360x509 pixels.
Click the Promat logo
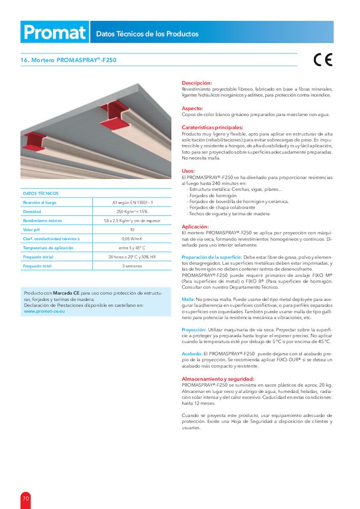point(54,32)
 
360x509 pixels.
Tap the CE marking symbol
point(322,60)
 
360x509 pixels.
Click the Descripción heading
point(197,82)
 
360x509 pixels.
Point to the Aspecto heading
point(192,108)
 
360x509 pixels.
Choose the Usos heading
point(188,171)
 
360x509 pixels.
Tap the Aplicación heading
point(196,226)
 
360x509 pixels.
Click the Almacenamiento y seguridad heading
point(218,379)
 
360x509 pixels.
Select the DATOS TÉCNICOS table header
point(41,193)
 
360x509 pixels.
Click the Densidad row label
point(32,211)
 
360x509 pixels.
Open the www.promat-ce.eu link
point(44,311)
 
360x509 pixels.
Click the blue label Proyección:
point(194,330)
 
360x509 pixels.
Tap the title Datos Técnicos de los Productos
point(147,34)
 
